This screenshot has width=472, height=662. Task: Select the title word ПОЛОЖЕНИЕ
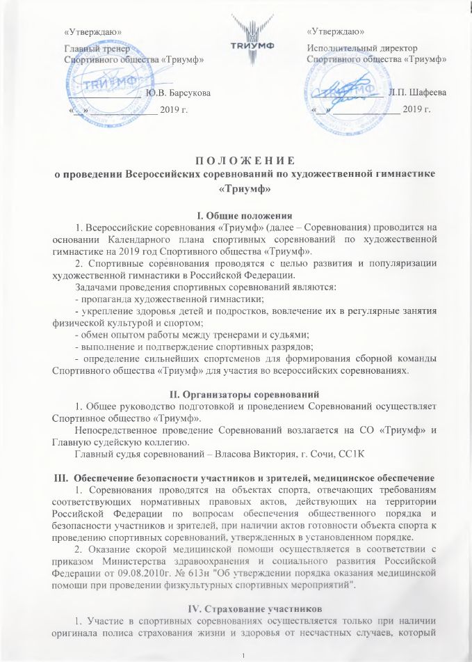point(236,160)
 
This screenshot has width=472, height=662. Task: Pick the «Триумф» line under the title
point(236,188)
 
